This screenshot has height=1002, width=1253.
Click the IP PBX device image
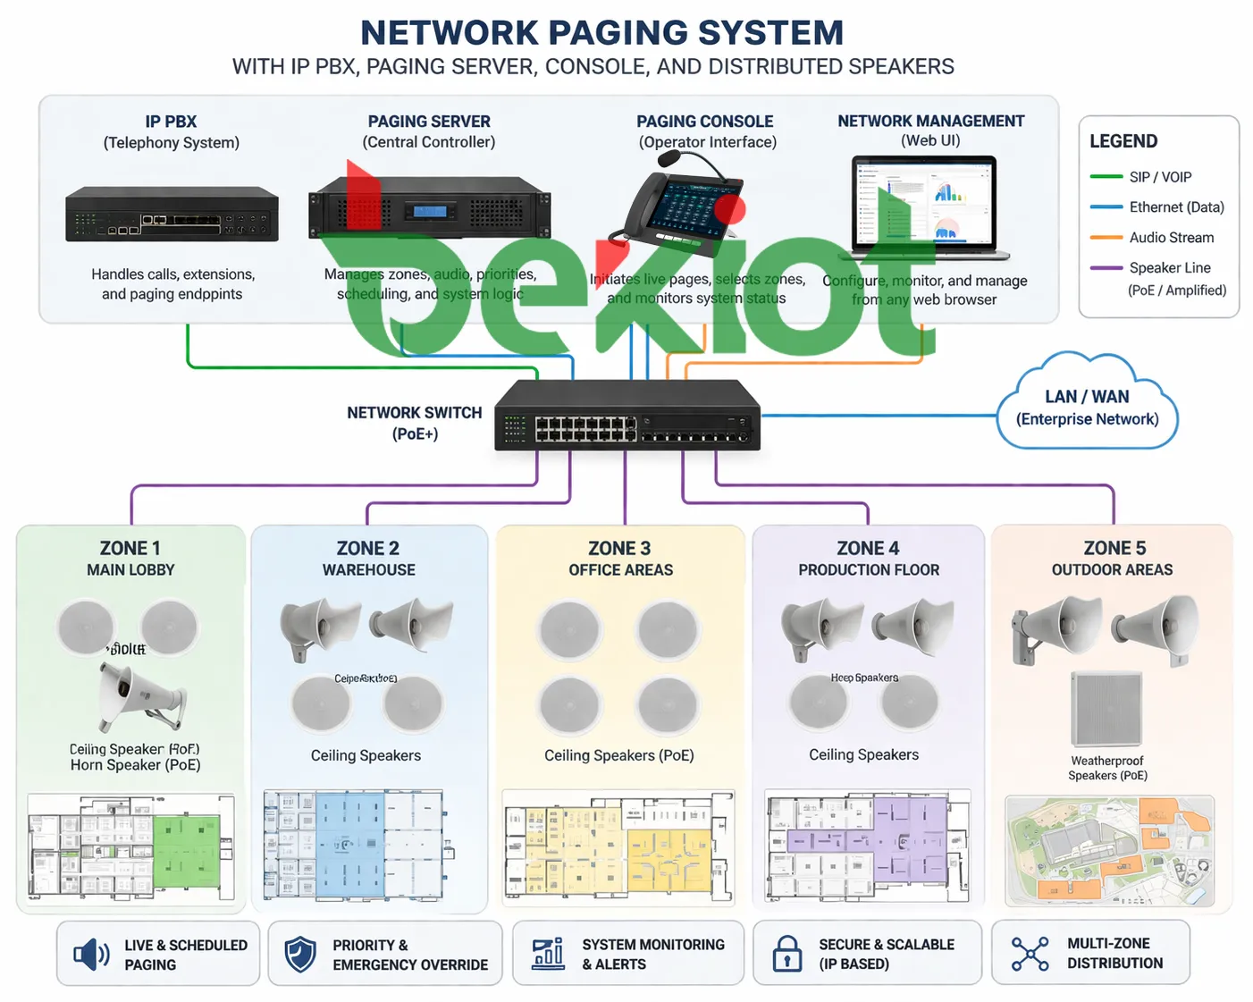(x=172, y=215)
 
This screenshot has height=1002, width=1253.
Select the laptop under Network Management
(x=928, y=206)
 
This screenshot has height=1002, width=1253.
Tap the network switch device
(x=627, y=415)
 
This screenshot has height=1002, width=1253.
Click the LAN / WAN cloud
(x=1087, y=408)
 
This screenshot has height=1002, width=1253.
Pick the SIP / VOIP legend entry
(x=1159, y=177)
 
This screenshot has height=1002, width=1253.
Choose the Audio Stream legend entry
(x=1170, y=238)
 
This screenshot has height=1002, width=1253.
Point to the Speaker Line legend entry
(x=1169, y=268)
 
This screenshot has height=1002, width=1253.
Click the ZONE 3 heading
(x=619, y=548)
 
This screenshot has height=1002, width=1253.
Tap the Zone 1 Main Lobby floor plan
(x=130, y=846)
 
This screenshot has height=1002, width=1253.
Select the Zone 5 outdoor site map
(x=1110, y=850)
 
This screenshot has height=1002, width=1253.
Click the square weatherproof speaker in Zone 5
(x=1106, y=709)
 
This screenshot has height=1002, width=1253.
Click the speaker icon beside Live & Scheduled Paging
(x=91, y=955)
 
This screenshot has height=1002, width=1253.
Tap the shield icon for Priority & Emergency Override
(x=300, y=955)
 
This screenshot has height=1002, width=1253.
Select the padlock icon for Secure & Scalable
(x=786, y=954)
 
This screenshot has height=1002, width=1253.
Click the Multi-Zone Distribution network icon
(x=1030, y=954)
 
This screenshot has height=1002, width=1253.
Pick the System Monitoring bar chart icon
(x=548, y=954)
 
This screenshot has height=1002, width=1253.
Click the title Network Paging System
(x=601, y=33)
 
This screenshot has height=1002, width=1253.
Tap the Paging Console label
(x=704, y=122)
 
